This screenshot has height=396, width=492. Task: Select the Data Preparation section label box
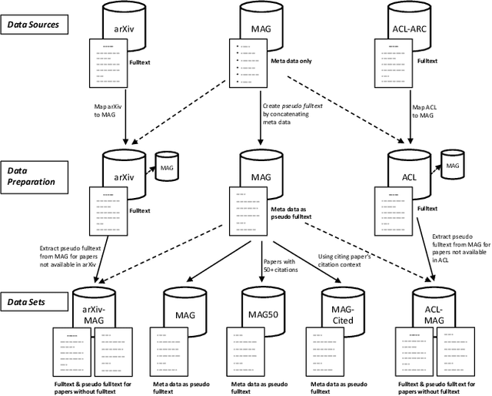point(34,175)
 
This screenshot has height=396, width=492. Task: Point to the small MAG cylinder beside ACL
point(453,164)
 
